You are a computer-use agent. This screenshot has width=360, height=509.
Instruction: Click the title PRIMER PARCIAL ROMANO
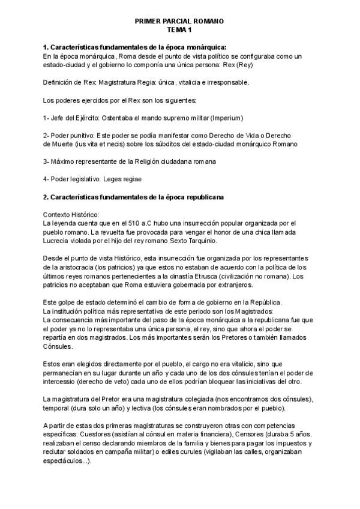[x=179, y=20]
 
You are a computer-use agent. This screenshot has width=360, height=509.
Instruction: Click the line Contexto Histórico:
[x=72, y=214]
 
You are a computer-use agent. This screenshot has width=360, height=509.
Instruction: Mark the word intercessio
[x=63, y=382]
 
